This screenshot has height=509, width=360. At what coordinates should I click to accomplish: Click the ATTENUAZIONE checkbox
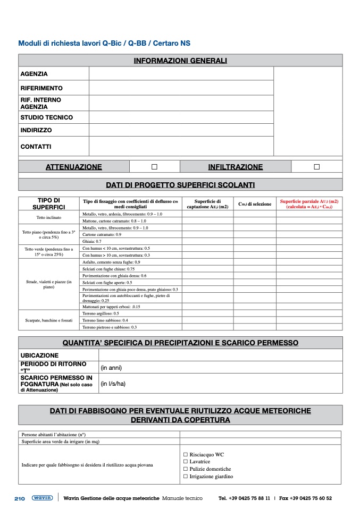click(x=154, y=167)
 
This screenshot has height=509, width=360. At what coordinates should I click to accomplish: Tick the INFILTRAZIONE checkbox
click(x=316, y=167)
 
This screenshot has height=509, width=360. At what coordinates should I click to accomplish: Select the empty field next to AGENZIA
click(x=181, y=74)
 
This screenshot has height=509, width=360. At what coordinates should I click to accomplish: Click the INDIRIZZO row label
click(x=36, y=130)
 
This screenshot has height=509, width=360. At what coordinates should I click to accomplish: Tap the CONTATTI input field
click(x=181, y=146)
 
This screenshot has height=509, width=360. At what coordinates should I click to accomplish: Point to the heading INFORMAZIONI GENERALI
click(x=180, y=61)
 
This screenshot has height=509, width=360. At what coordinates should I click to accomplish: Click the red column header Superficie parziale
click(x=309, y=204)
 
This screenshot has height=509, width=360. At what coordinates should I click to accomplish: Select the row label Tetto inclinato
click(x=49, y=217)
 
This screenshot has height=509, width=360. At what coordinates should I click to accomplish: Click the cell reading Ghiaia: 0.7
click(x=92, y=241)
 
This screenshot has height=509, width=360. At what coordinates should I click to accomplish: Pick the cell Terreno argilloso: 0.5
click(x=101, y=313)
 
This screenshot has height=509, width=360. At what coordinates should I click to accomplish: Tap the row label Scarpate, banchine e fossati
click(x=48, y=320)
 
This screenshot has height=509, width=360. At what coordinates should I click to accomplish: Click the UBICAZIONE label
click(x=39, y=355)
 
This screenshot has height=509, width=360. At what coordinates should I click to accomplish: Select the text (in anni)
click(x=115, y=367)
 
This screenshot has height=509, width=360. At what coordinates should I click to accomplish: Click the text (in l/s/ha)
click(x=113, y=383)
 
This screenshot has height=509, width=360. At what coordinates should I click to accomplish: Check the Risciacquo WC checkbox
click(x=186, y=455)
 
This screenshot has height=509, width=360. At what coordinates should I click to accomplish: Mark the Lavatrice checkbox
click(x=186, y=462)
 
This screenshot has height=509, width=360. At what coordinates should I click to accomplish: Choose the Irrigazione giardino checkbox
click(x=186, y=477)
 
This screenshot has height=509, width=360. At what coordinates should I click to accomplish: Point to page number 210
click(x=20, y=498)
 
